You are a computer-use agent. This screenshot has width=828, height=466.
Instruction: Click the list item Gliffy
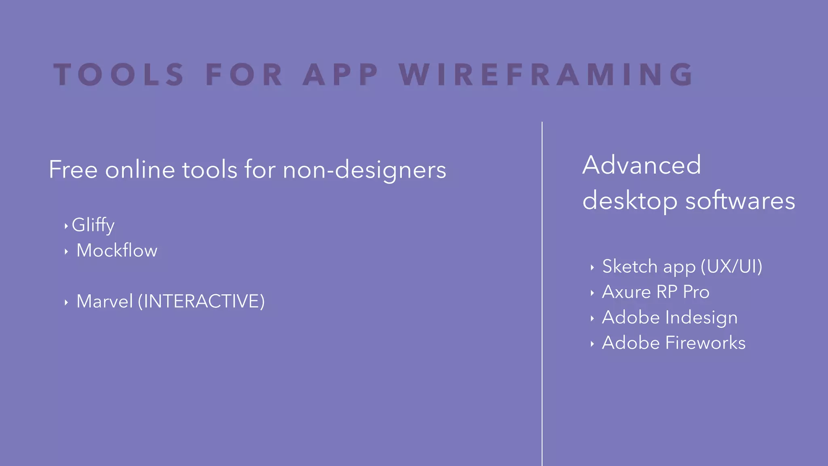(93, 225)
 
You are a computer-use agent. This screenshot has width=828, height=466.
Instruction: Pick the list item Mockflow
(117, 250)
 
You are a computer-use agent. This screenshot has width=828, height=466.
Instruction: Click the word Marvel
(104, 301)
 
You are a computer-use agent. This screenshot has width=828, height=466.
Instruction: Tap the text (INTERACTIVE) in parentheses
(201, 301)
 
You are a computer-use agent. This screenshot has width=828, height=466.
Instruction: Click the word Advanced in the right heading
(642, 165)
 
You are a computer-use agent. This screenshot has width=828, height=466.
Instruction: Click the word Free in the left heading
(73, 169)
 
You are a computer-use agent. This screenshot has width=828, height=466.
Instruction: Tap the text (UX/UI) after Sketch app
(731, 267)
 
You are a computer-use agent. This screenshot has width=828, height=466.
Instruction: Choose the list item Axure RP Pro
(655, 292)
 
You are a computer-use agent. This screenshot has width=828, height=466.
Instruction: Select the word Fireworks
(705, 343)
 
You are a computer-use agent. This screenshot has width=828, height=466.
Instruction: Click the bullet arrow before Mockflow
(66, 252)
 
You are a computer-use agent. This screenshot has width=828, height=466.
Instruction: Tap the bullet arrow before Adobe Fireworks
(592, 344)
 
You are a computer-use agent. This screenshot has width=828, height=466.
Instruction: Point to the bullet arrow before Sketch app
(592, 267)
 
